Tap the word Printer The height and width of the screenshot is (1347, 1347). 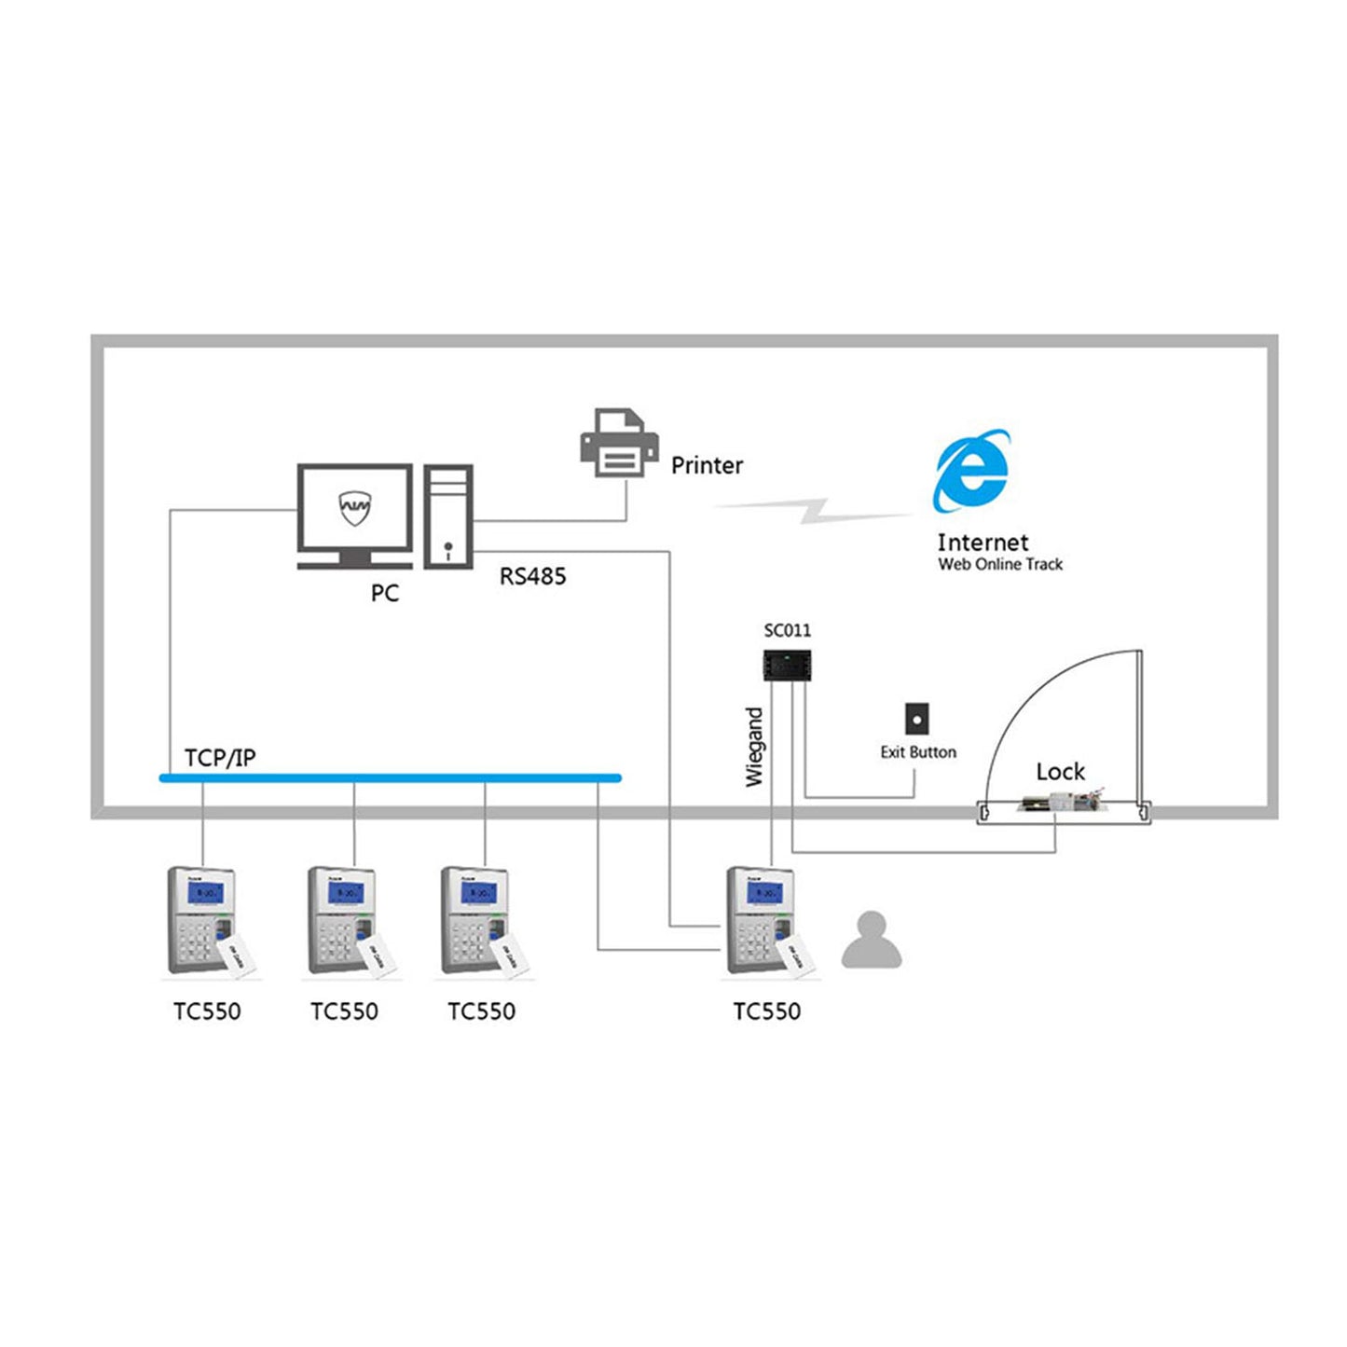click(x=707, y=465)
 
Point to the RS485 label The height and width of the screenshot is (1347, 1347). click(x=532, y=576)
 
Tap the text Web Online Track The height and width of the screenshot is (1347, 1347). click(x=999, y=564)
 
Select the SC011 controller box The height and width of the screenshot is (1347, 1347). click(x=787, y=666)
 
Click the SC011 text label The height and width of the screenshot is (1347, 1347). click(x=787, y=630)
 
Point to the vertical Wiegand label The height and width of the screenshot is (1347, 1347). click(x=754, y=747)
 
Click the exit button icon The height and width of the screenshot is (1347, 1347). click(x=916, y=720)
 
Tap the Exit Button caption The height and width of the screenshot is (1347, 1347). click(x=918, y=752)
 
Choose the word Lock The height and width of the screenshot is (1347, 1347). click(x=1060, y=772)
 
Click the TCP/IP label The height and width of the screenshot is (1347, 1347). click(x=219, y=758)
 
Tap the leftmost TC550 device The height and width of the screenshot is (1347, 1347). click(x=203, y=920)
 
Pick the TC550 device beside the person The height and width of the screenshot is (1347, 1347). click(x=763, y=920)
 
